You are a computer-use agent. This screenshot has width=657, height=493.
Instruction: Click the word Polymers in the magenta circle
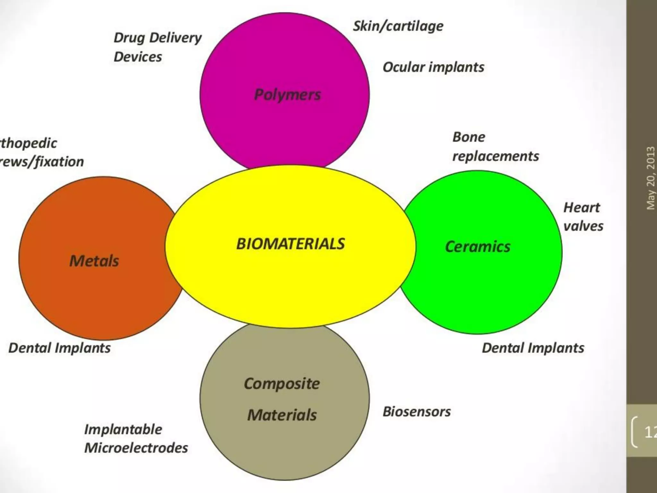coord(287,95)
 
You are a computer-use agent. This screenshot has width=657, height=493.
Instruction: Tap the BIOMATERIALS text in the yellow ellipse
coord(290,244)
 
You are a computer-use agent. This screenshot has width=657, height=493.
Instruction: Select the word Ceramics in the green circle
coord(478,247)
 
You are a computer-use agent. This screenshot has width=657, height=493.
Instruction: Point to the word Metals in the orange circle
coord(94,261)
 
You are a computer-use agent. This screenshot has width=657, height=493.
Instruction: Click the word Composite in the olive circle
coord(282,384)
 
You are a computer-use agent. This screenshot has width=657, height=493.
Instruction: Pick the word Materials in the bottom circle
coord(282,415)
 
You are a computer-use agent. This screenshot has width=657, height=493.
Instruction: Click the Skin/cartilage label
coord(398,26)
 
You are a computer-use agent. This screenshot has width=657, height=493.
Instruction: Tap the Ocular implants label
coord(433,67)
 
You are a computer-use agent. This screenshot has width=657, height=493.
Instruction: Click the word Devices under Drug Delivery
coord(138,57)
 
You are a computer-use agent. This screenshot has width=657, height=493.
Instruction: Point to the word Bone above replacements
coord(469,137)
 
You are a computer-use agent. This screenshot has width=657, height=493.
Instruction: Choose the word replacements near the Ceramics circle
coord(496,156)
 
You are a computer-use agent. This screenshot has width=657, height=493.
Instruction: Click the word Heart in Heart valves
coord(582,208)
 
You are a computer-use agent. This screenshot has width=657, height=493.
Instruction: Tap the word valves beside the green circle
coord(583,226)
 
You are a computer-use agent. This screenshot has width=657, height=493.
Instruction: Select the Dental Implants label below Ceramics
coord(533,348)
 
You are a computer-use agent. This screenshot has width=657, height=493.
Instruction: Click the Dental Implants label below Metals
coord(59,348)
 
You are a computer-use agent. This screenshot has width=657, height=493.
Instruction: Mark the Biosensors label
coord(417,412)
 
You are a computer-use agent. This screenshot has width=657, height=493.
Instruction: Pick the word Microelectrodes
coord(136,448)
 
